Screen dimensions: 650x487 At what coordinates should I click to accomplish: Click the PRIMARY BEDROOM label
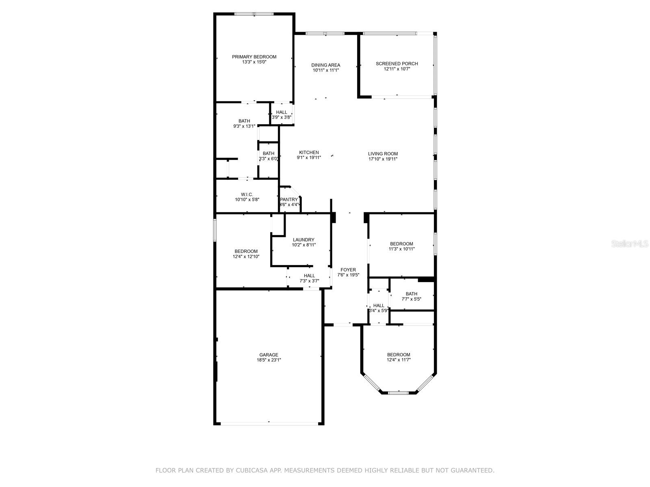click(x=254, y=57)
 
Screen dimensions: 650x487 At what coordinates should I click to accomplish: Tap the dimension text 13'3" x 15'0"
click(x=254, y=62)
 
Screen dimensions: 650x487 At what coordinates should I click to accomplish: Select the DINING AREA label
click(x=325, y=65)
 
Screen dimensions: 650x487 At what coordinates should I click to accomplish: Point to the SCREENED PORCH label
click(x=397, y=64)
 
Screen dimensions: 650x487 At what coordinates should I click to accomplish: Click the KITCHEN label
click(x=309, y=153)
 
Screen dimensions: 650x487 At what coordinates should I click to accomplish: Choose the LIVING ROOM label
click(x=383, y=154)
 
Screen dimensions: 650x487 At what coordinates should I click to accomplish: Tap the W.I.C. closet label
click(x=247, y=194)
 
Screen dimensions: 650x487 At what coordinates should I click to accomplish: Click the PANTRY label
click(x=289, y=200)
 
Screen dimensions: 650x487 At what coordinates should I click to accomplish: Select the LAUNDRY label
click(x=303, y=240)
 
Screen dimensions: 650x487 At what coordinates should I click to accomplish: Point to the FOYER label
click(x=348, y=269)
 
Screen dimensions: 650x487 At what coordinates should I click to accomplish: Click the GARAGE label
click(x=269, y=355)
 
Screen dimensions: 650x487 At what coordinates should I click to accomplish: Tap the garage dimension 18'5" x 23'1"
click(x=269, y=360)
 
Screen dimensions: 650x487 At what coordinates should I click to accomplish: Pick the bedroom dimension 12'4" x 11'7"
click(x=399, y=360)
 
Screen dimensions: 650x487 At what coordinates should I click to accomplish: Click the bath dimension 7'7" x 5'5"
click(x=411, y=299)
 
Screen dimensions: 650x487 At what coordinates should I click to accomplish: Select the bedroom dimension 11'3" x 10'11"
click(x=401, y=249)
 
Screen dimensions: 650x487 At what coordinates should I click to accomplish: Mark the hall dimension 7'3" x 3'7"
click(x=309, y=281)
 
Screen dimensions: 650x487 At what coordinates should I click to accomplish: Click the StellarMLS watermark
click(x=630, y=243)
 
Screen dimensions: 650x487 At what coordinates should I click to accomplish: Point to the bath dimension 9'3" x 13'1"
click(x=244, y=126)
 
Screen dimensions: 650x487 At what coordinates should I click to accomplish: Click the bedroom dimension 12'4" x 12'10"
click(x=246, y=256)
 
